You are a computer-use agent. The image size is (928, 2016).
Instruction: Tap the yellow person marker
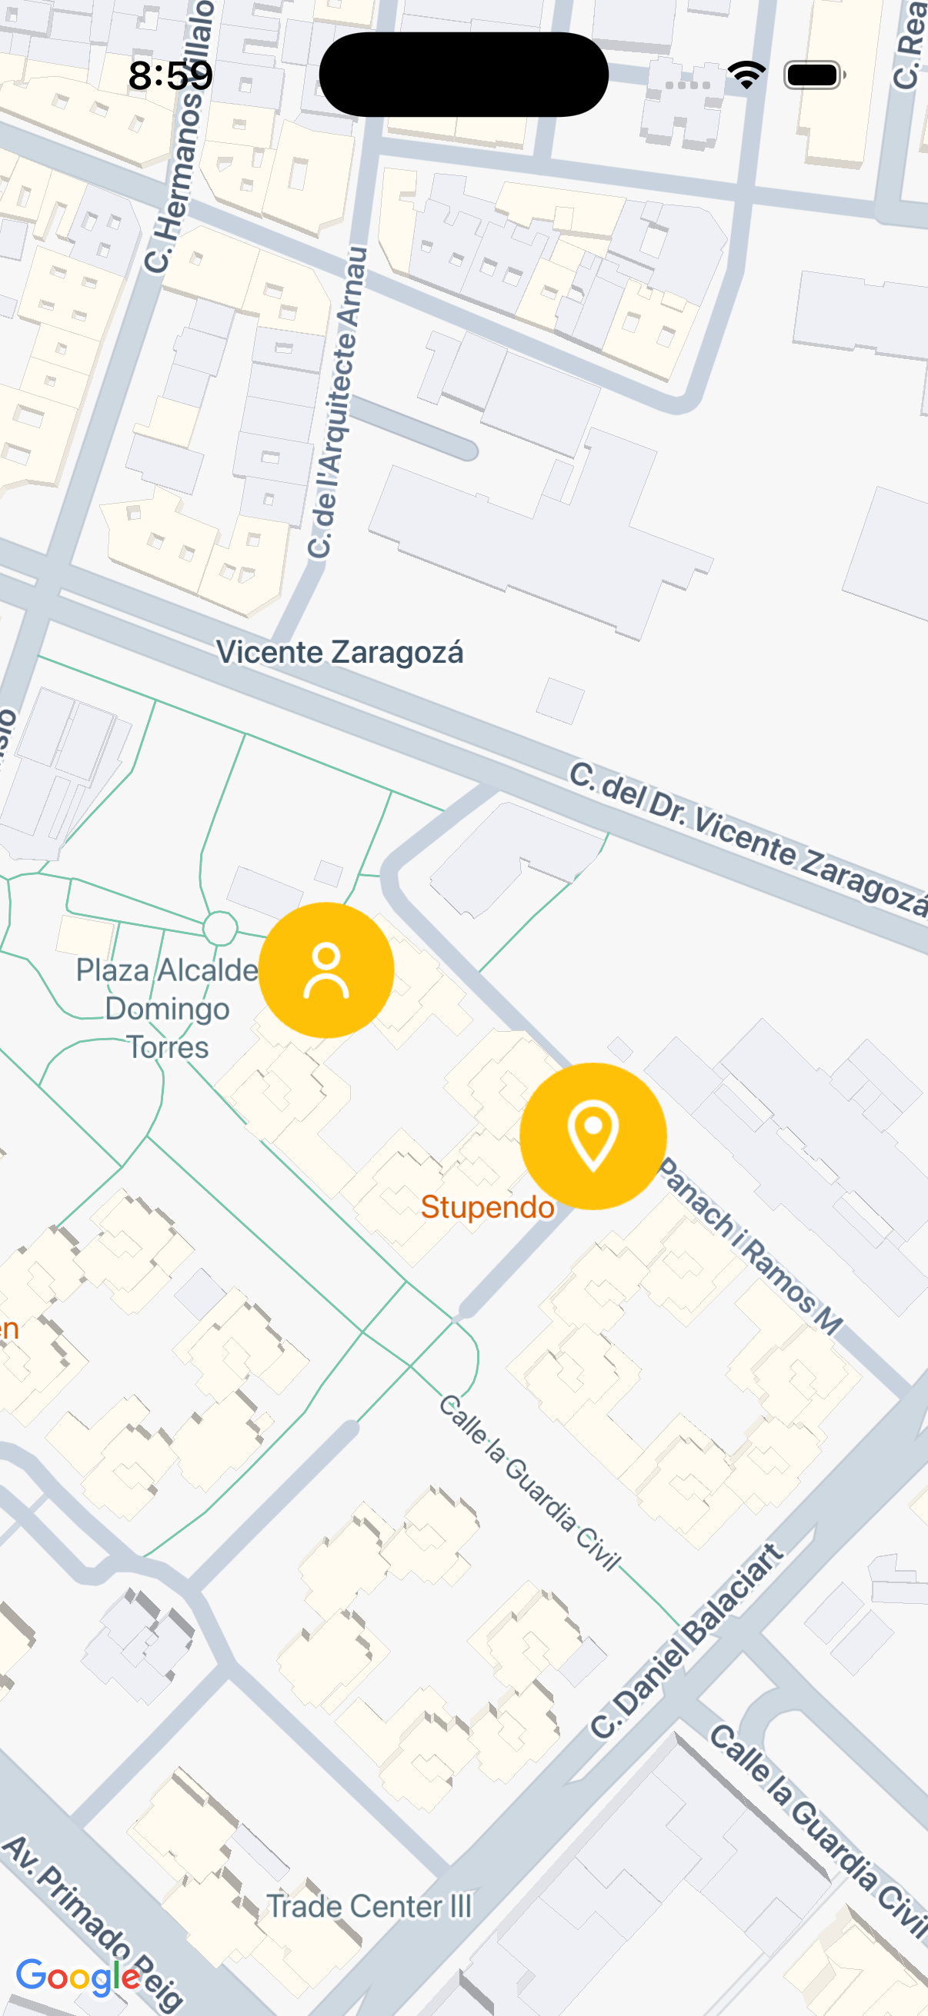[x=325, y=970]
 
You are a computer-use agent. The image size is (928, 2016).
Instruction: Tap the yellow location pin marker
[x=593, y=1136]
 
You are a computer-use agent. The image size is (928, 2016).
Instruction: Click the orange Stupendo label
[x=487, y=1207]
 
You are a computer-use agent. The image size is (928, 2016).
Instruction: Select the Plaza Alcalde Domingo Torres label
[x=167, y=1008]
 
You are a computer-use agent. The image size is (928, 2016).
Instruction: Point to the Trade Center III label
[x=369, y=1905]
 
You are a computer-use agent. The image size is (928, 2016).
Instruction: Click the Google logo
[x=78, y=1976]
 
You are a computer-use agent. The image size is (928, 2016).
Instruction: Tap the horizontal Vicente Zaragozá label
[x=340, y=652]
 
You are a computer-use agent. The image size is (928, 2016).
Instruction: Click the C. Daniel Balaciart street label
[x=687, y=1642]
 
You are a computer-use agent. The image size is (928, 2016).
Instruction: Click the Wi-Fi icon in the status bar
[x=746, y=75]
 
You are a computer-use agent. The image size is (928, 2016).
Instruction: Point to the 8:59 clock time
[x=171, y=75]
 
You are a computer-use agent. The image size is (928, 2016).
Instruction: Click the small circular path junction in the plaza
[x=220, y=928]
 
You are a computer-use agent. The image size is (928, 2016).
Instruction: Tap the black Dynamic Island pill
[x=463, y=75]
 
